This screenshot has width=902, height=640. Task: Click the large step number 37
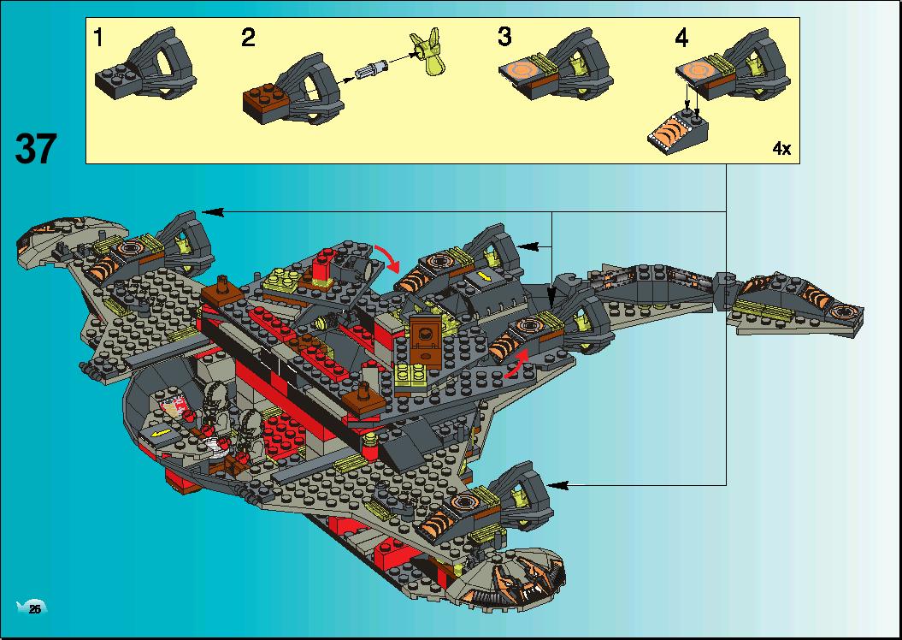[36, 148]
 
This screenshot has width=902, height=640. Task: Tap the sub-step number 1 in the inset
[98, 38]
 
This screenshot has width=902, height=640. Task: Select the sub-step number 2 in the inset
[248, 38]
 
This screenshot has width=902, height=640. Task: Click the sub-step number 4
[681, 38]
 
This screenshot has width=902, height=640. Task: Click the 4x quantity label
[781, 149]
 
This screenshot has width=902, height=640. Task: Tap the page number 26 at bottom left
[34, 609]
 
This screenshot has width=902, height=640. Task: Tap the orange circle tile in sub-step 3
[522, 71]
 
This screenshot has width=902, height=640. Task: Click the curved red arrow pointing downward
[388, 257]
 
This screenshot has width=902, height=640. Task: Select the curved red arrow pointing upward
[516, 363]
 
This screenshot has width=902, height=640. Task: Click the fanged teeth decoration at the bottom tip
[521, 578]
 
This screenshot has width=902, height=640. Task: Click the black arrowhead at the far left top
[211, 212]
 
